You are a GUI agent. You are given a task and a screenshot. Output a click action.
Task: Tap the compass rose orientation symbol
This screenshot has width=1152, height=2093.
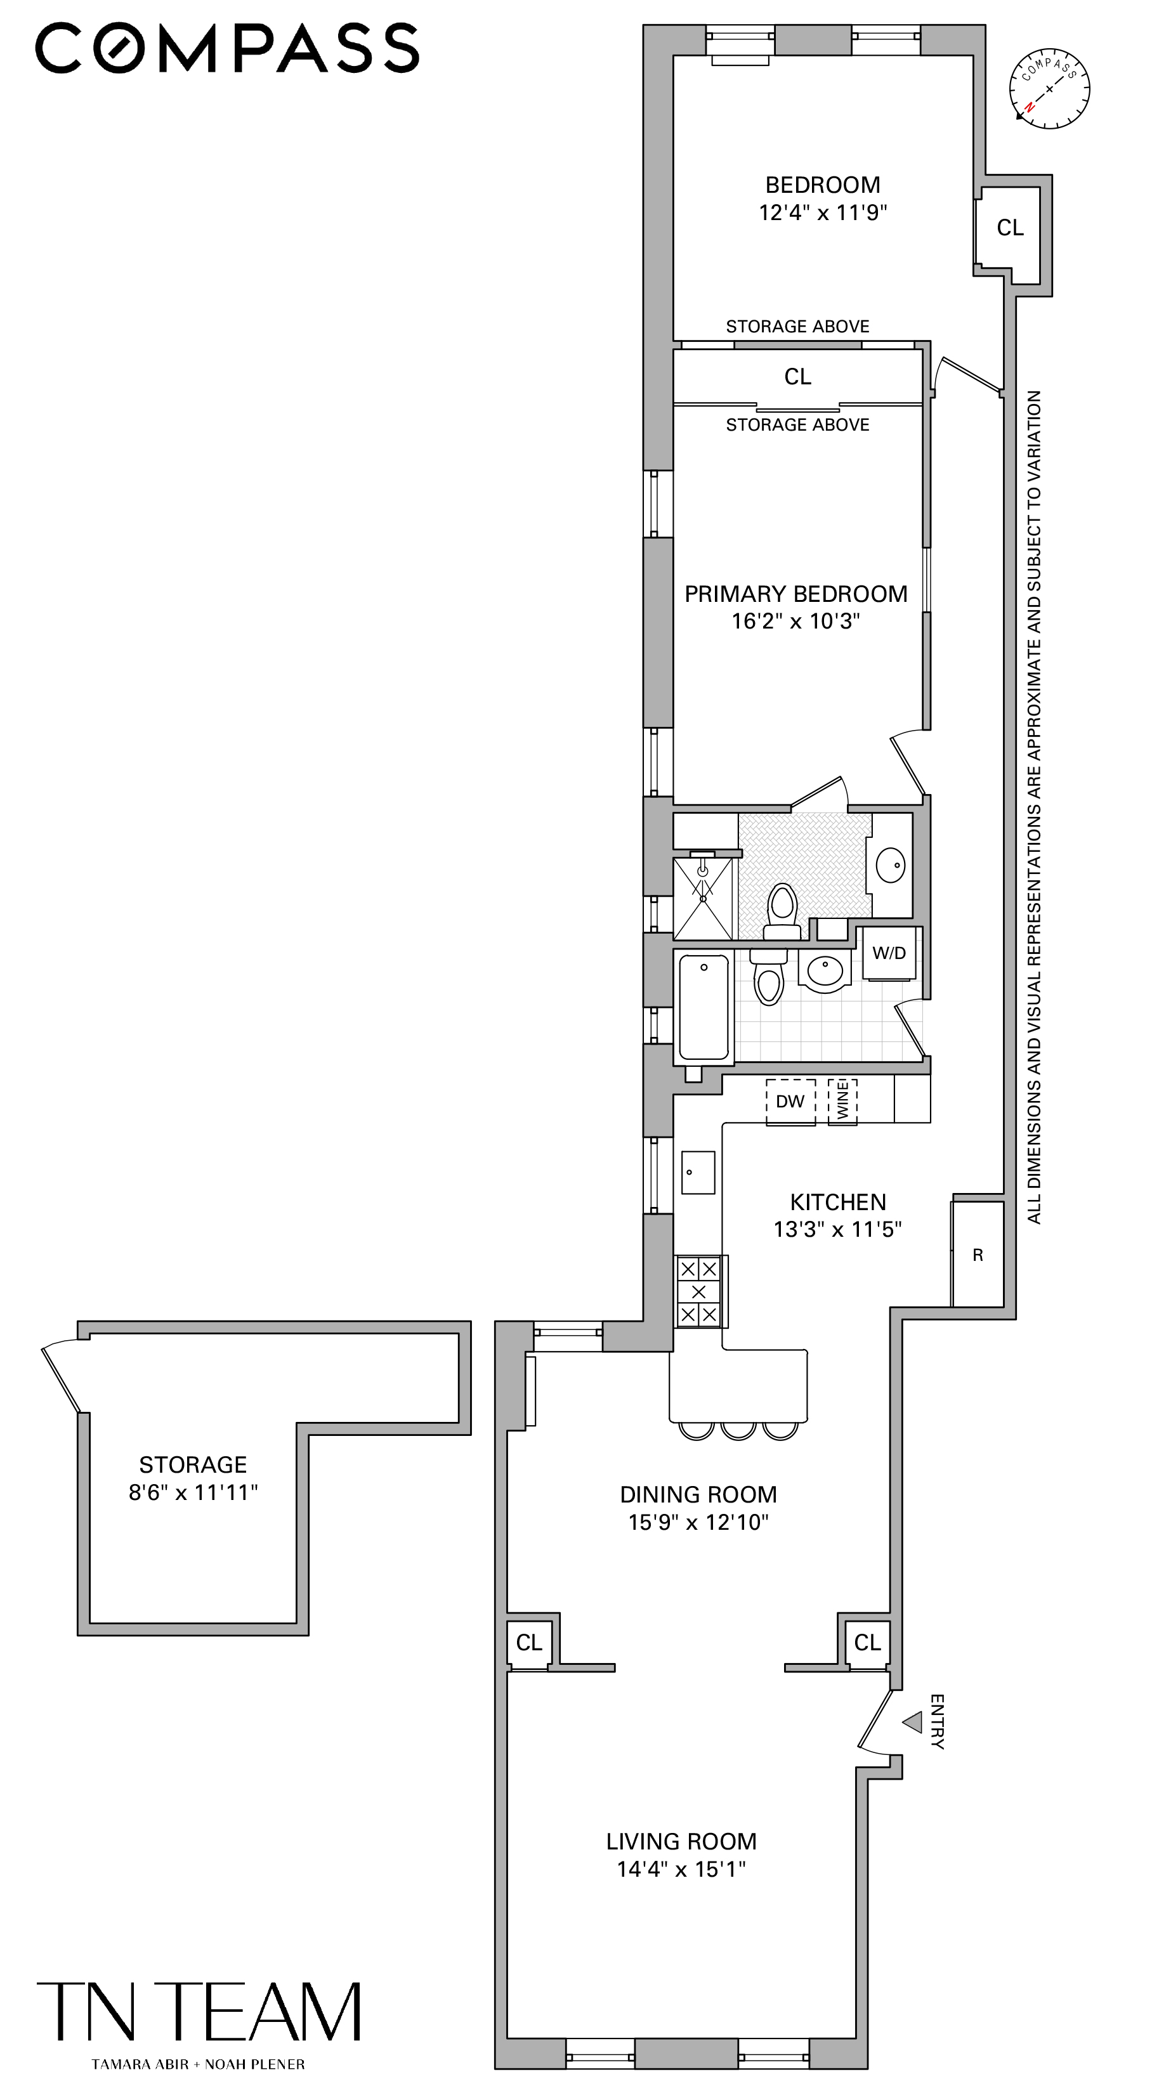click(x=1049, y=89)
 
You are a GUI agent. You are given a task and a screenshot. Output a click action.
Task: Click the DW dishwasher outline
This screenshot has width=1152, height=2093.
click(x=790, y=1102)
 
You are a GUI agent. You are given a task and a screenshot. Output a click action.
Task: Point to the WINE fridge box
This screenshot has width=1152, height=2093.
click(x=842, y=1101)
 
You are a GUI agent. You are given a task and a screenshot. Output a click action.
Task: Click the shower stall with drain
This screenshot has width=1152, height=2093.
click(x=703, y=899)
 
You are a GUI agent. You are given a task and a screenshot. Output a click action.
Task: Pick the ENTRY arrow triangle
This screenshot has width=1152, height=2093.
click(x=913, y=1722)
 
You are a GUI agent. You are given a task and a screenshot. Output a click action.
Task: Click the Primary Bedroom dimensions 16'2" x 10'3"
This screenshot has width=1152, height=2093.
click(x=795, y=622)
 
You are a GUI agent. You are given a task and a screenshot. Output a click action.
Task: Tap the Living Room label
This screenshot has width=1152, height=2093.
click(x=681, y=1841)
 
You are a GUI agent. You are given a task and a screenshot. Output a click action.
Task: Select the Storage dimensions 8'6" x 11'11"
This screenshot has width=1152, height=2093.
click(x=193, y=1492)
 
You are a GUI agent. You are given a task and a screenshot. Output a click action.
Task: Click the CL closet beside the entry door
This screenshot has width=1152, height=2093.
click(x=867, y=1643)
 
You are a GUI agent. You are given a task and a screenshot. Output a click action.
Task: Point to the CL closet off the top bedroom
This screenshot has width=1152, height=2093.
click(x=1010, y=228)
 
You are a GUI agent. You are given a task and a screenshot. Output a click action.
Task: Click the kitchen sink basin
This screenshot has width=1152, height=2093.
click(x=697, y=1173)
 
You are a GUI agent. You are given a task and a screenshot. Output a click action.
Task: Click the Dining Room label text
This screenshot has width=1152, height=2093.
click(x=698, y=1494)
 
